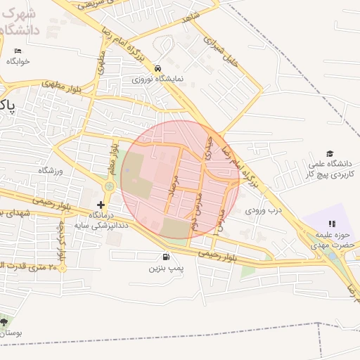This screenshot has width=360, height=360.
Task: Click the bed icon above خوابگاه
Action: pos(18,51)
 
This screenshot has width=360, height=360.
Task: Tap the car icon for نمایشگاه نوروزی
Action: pos(159,68)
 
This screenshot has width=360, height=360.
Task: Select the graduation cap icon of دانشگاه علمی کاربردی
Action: pos(329,154)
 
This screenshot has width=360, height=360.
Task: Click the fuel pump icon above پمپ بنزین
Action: pos(166,257)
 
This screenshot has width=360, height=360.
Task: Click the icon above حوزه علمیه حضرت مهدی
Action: pos(332,224)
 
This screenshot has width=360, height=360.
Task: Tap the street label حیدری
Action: pos(208,149)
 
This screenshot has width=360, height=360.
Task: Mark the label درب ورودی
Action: pos(264,210)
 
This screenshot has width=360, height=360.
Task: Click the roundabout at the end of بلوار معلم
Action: pos(109,186)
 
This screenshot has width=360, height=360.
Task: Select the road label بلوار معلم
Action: pos(112,158)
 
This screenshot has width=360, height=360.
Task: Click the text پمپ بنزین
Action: pos(166,269)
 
